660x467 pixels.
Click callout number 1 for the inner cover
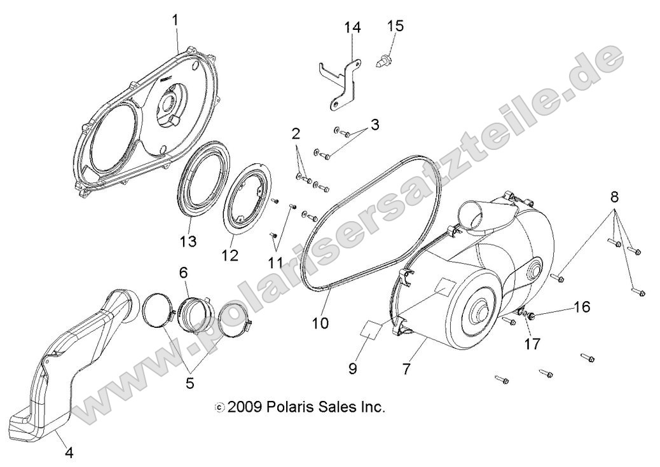click(x=175, y=20)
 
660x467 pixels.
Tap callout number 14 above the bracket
click(x=352, y=27)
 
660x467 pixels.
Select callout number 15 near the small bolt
click(x=395, y=25)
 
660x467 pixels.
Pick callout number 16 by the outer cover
click(x=581, y=308)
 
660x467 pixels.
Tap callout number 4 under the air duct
click(x=69, y=453)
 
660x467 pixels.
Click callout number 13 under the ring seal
click(x=188, y=241)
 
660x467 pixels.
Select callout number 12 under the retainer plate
click(x=230, y=255)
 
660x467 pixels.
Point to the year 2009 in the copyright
click(x=245, y=407)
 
